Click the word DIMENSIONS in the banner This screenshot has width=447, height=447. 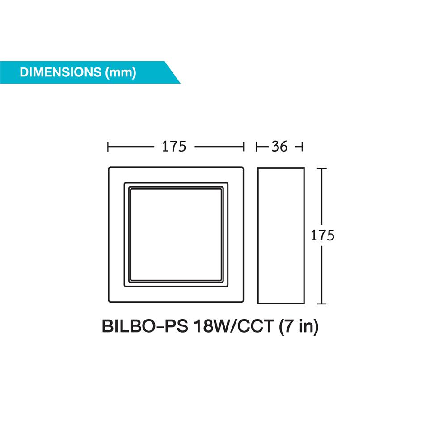click(x=61, y=72)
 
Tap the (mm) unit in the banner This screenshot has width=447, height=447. click(x=121, y=72)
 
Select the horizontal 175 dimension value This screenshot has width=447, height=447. click(x=174, y=146)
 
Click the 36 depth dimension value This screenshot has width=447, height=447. click(x=279, y=146)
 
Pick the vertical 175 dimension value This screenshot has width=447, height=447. click(x=322, y=236)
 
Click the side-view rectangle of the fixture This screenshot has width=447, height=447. click(x=281, y=235)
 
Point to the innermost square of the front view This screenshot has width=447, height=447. click(x=176, y=235)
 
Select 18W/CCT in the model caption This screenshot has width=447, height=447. click(x=232, y=327)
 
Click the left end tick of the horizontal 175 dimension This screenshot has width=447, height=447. click(x=109, y=146)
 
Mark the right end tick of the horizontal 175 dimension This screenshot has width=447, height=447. click(x=244, y=146)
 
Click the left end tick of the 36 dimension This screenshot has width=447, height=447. click(x=257, y=146)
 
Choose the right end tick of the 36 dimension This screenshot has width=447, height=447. click(x=303, y=146)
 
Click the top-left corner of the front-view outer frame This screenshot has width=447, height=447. click(x=110, y=168)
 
